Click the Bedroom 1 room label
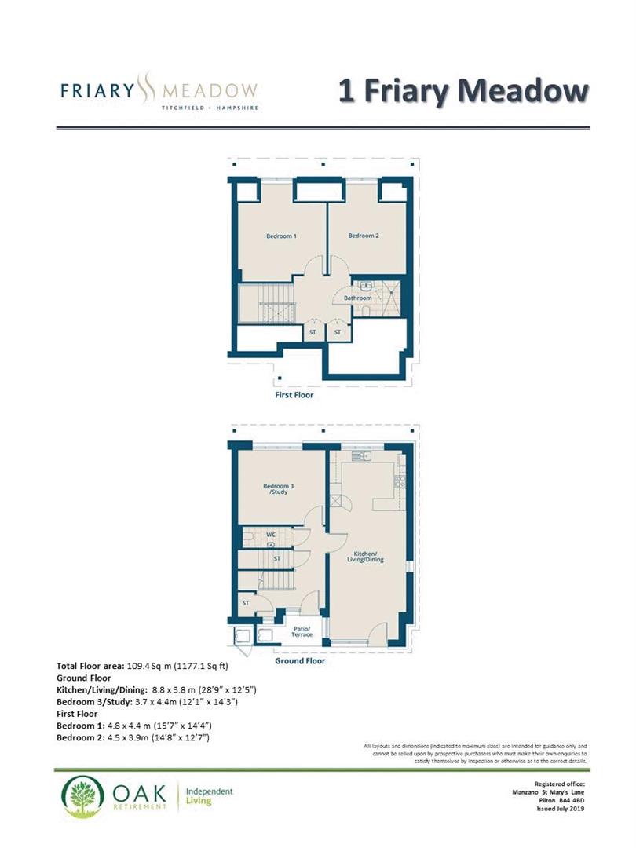pos(280,236)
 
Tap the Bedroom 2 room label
pos(364,236)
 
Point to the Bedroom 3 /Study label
pos(278,489)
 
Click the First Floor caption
pos(294,395)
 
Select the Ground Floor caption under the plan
pos(299,661)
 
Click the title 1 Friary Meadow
pos(463,90)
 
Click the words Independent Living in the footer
pos(210,796)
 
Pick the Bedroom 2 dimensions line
pos(134,738)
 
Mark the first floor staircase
pos(267,303)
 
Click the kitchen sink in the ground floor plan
pos(360,455)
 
